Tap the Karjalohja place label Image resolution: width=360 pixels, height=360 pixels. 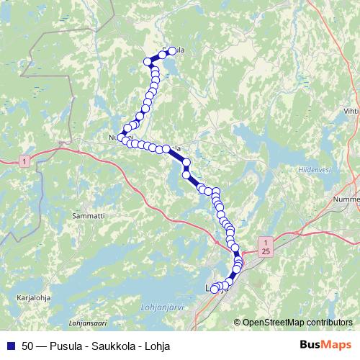coord(31,296)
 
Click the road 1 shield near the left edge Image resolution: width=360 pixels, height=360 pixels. coord(24,161)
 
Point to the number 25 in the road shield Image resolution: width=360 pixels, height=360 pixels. coord(266,251)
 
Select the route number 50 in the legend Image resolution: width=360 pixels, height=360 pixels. coord(28,346)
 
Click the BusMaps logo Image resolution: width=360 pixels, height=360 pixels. coord(325,346)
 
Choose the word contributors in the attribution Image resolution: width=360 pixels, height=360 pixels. coord(330,323)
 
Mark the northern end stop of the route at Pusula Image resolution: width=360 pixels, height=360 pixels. coord(172,51)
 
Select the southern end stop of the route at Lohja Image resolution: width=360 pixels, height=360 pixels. coord(214,289)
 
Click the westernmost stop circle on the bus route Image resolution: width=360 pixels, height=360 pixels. coord(122,136)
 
